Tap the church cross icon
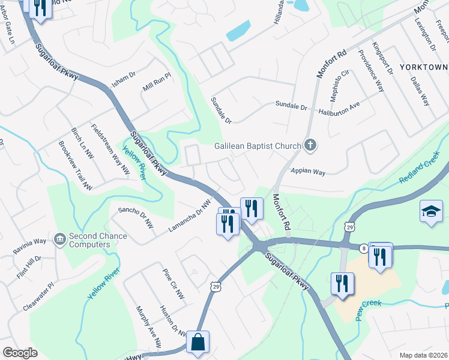tap(310, 145)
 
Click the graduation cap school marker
tap(431, 211)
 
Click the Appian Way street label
tap(308, 172)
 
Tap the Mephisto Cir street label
tap(339, 85)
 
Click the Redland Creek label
tap(420, 172)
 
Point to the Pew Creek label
tap(368, 307)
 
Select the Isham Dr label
tap(124, 77)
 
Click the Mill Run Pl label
tap(157, 83)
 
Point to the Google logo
tap(20, 352)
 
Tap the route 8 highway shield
tap(364, 247)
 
